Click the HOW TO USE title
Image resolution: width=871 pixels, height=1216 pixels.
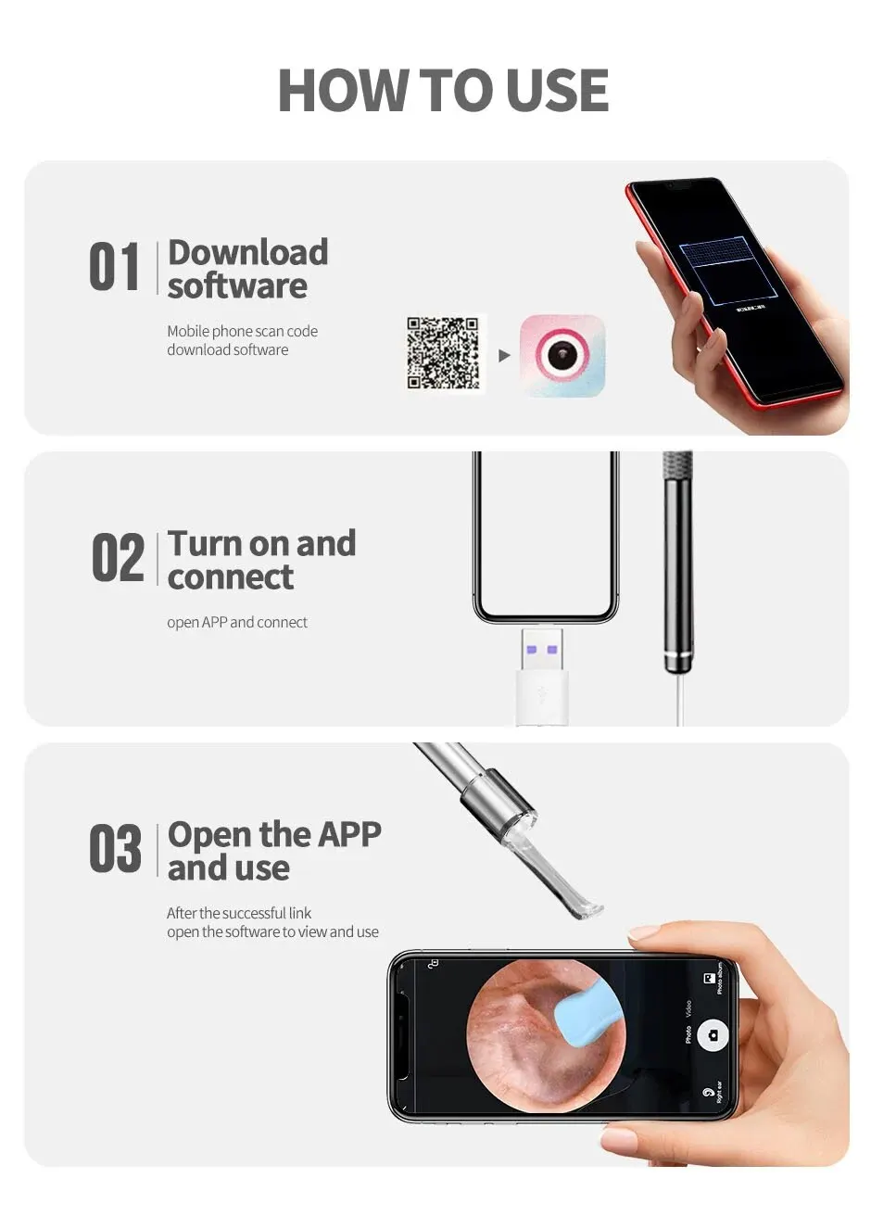click(x=443, y=91)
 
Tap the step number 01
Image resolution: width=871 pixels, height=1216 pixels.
click(x=115, y=267)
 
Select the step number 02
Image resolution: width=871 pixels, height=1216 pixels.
click(x=118, y=558)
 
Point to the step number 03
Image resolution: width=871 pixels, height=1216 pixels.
click(x=116, y=849)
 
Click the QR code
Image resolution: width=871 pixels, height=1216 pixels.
click(x=444, y=353)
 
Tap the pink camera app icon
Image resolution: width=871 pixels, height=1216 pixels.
click(x=562, y=356)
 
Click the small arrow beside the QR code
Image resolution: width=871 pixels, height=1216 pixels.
click(x=504, y=355)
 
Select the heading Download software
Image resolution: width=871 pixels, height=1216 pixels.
click(x=247, y=269)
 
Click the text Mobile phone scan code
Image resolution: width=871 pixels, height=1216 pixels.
click(x=242, y=331)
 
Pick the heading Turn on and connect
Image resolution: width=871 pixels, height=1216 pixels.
click(x=261, y=560)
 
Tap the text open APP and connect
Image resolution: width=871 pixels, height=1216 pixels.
click(x=237, y=623)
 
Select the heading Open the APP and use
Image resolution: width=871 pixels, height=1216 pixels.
click(x=273, y=851)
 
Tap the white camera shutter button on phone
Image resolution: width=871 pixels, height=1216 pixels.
click(x=713, y=1034)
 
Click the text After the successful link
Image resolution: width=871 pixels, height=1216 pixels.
click(x=239, y=913)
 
